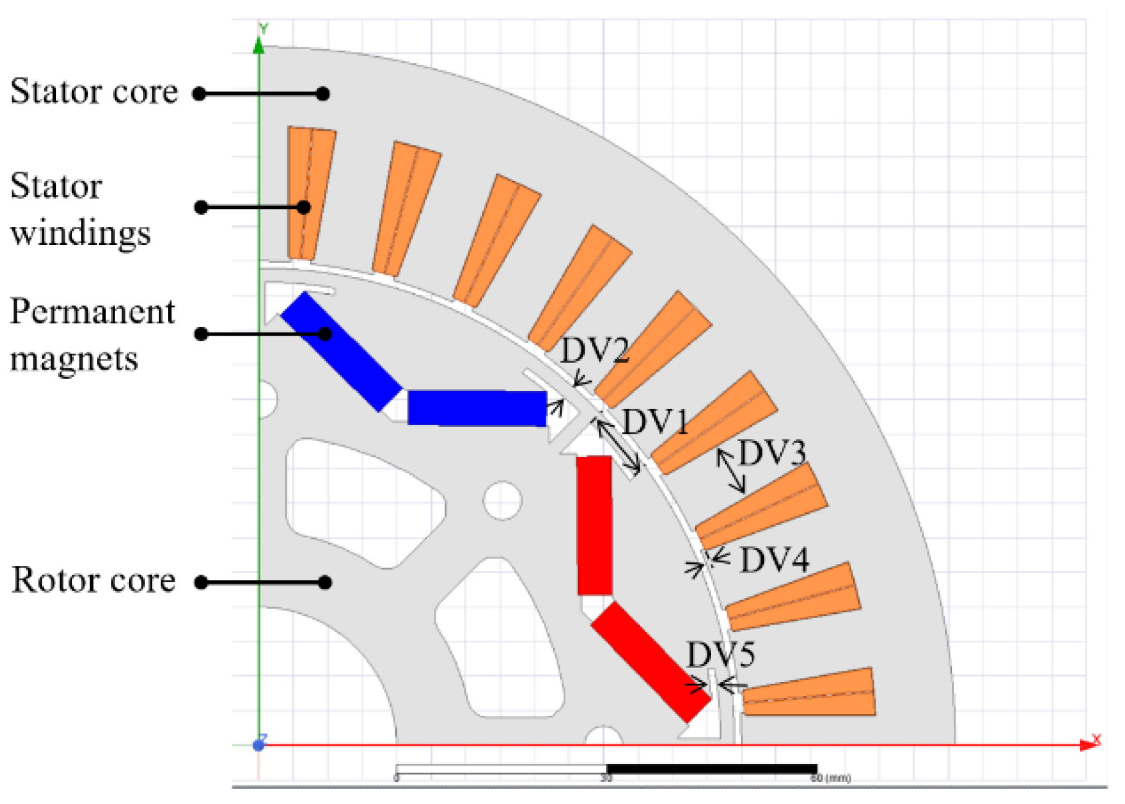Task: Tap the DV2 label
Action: coord(594,350)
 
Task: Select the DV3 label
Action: coord(771,454)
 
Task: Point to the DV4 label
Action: coord(774,560)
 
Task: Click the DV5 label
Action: coord(720,655)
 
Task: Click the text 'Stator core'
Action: coord(94,92)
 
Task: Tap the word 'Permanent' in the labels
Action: coord(93,312)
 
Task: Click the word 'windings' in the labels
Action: coord(80,233)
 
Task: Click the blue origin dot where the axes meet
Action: coord(259,745)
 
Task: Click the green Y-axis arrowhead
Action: coord(259,45)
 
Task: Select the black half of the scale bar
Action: coord(712,769)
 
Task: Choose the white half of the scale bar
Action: coord(501,769)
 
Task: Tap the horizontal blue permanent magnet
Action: coord(477,408)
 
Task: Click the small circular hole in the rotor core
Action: coord(502,500)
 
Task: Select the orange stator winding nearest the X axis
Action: coord(808,693)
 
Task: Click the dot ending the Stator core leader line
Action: coord(323,94)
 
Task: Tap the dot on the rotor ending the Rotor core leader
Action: coord(325,582)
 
